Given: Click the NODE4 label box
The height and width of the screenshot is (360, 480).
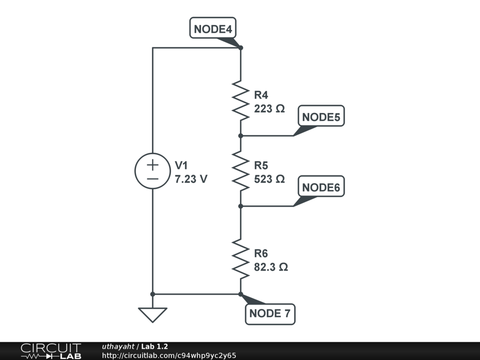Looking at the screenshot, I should pos(213,29).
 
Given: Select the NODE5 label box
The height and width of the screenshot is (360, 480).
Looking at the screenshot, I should pos(321,117).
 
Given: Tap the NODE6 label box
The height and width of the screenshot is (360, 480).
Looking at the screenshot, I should pos(321,187).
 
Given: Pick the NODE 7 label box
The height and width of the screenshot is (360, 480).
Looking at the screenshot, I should pos(270,314).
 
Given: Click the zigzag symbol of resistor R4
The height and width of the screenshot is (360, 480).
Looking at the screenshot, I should pos(240,100).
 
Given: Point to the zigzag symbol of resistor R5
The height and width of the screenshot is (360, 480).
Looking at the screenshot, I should pos(240,171).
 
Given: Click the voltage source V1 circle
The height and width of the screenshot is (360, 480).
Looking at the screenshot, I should pos(152,171).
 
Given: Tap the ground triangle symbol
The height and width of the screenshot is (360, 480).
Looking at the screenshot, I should pos(152,315).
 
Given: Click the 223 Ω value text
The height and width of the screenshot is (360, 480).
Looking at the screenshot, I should pos(269,109).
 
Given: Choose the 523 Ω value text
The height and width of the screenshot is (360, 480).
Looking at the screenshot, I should pos(269,179).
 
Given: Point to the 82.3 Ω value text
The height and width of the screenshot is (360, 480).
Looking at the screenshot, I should pos(271,267).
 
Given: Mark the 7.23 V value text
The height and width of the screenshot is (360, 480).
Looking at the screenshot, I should pos(191,179).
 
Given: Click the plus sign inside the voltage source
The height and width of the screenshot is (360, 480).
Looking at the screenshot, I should pos(152,165).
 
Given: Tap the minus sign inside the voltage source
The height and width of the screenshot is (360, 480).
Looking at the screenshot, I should pos(152,179).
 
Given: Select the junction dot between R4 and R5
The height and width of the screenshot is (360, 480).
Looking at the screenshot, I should pos(240,135).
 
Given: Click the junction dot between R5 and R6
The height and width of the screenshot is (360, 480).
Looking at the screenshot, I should pos(240,206).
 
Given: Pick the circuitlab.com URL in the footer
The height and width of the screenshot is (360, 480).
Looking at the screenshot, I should pos(169,355).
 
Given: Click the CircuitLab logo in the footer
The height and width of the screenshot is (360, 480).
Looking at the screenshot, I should pos(51,351).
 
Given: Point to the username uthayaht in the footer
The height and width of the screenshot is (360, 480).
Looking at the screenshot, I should pos(118,346).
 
